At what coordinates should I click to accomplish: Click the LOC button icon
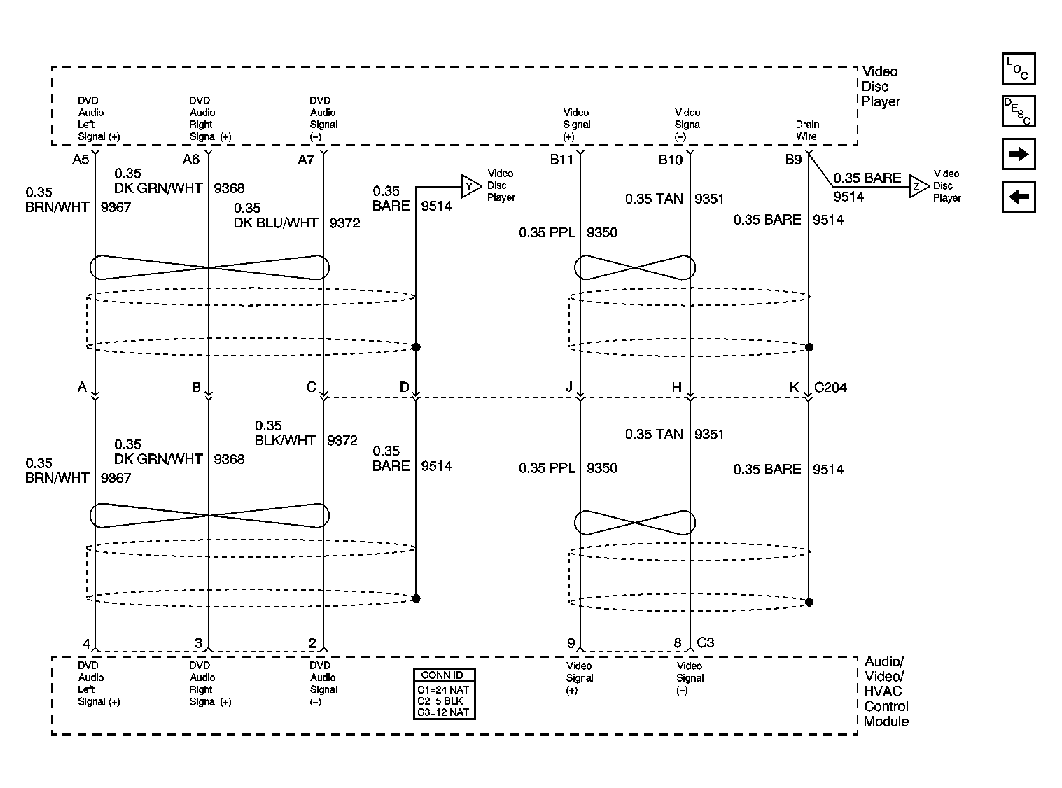coord(1019,69)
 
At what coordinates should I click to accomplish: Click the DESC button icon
coord(1019,111)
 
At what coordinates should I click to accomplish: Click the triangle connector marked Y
coord(471,186)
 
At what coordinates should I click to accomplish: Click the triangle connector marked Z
coord(918,186)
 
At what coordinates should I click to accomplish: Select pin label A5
coord(81,160)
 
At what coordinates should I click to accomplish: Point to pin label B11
coord(561,160)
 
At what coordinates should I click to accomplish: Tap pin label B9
coord(793,160)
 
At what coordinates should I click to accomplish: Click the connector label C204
coord(830,387)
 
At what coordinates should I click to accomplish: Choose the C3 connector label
coord(705,642)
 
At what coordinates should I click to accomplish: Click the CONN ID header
coord(442,675)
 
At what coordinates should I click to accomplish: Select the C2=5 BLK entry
coord(440,701)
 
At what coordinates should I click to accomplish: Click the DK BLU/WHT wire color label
coord(275,223)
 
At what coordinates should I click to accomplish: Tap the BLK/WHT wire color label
coord(285,440)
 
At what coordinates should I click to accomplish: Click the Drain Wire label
coord(807,130)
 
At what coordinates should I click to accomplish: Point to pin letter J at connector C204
coord(569,387)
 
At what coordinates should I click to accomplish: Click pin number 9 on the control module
coord(571,643)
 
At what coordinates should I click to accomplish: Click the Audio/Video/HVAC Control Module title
coord(886,691)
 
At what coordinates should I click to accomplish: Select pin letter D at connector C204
coord(405,387)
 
